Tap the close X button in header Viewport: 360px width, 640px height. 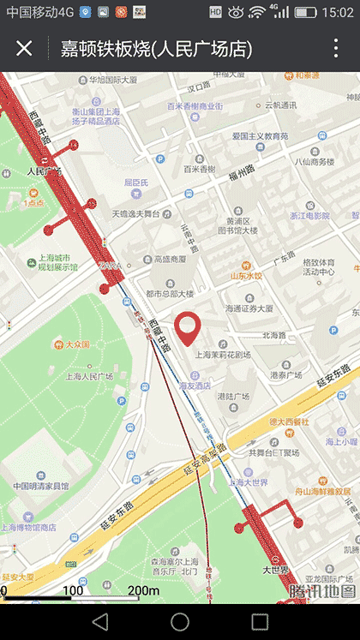pos(24,48)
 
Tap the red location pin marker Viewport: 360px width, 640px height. pos(188,329)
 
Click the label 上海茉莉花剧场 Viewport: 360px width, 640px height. pos(223,354)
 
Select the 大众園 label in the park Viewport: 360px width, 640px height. pos(77,344)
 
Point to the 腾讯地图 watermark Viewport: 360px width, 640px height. pos(322,591)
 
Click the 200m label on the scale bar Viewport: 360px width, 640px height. pos(143,591)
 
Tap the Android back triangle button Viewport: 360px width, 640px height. pos(100,621)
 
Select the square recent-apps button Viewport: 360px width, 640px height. pos(260,621)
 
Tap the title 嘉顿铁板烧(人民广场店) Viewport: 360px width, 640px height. pos(156,49)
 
